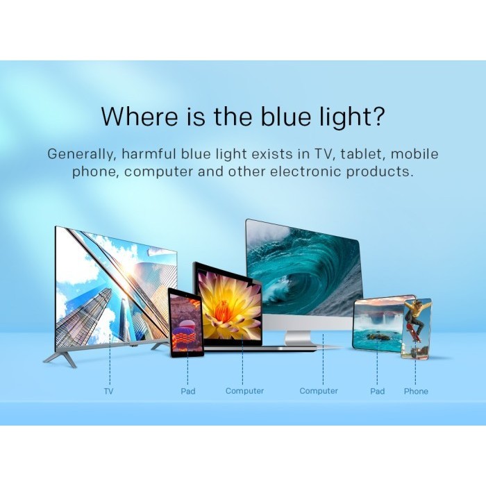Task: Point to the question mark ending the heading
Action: pos(377,117)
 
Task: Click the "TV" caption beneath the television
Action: pos(108,392)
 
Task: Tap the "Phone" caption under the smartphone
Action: pos(416,392)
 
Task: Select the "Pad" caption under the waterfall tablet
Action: pos(377,392)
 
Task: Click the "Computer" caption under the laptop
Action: pos(244,392)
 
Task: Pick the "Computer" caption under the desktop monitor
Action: pos(319,392)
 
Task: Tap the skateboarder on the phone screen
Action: pos(416,326)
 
